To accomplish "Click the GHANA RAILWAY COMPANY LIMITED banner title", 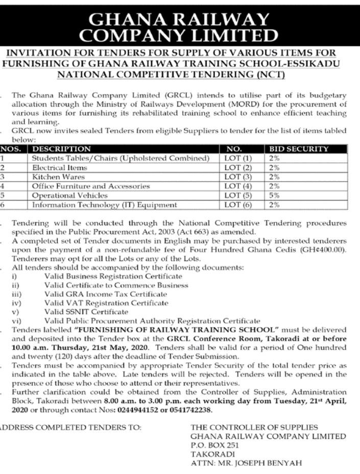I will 180,27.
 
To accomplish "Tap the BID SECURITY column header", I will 298,149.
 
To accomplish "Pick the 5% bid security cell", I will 274,195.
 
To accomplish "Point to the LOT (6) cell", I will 238,205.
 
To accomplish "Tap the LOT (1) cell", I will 238,158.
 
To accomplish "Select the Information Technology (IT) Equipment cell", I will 105,205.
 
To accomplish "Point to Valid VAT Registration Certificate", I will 106,303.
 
